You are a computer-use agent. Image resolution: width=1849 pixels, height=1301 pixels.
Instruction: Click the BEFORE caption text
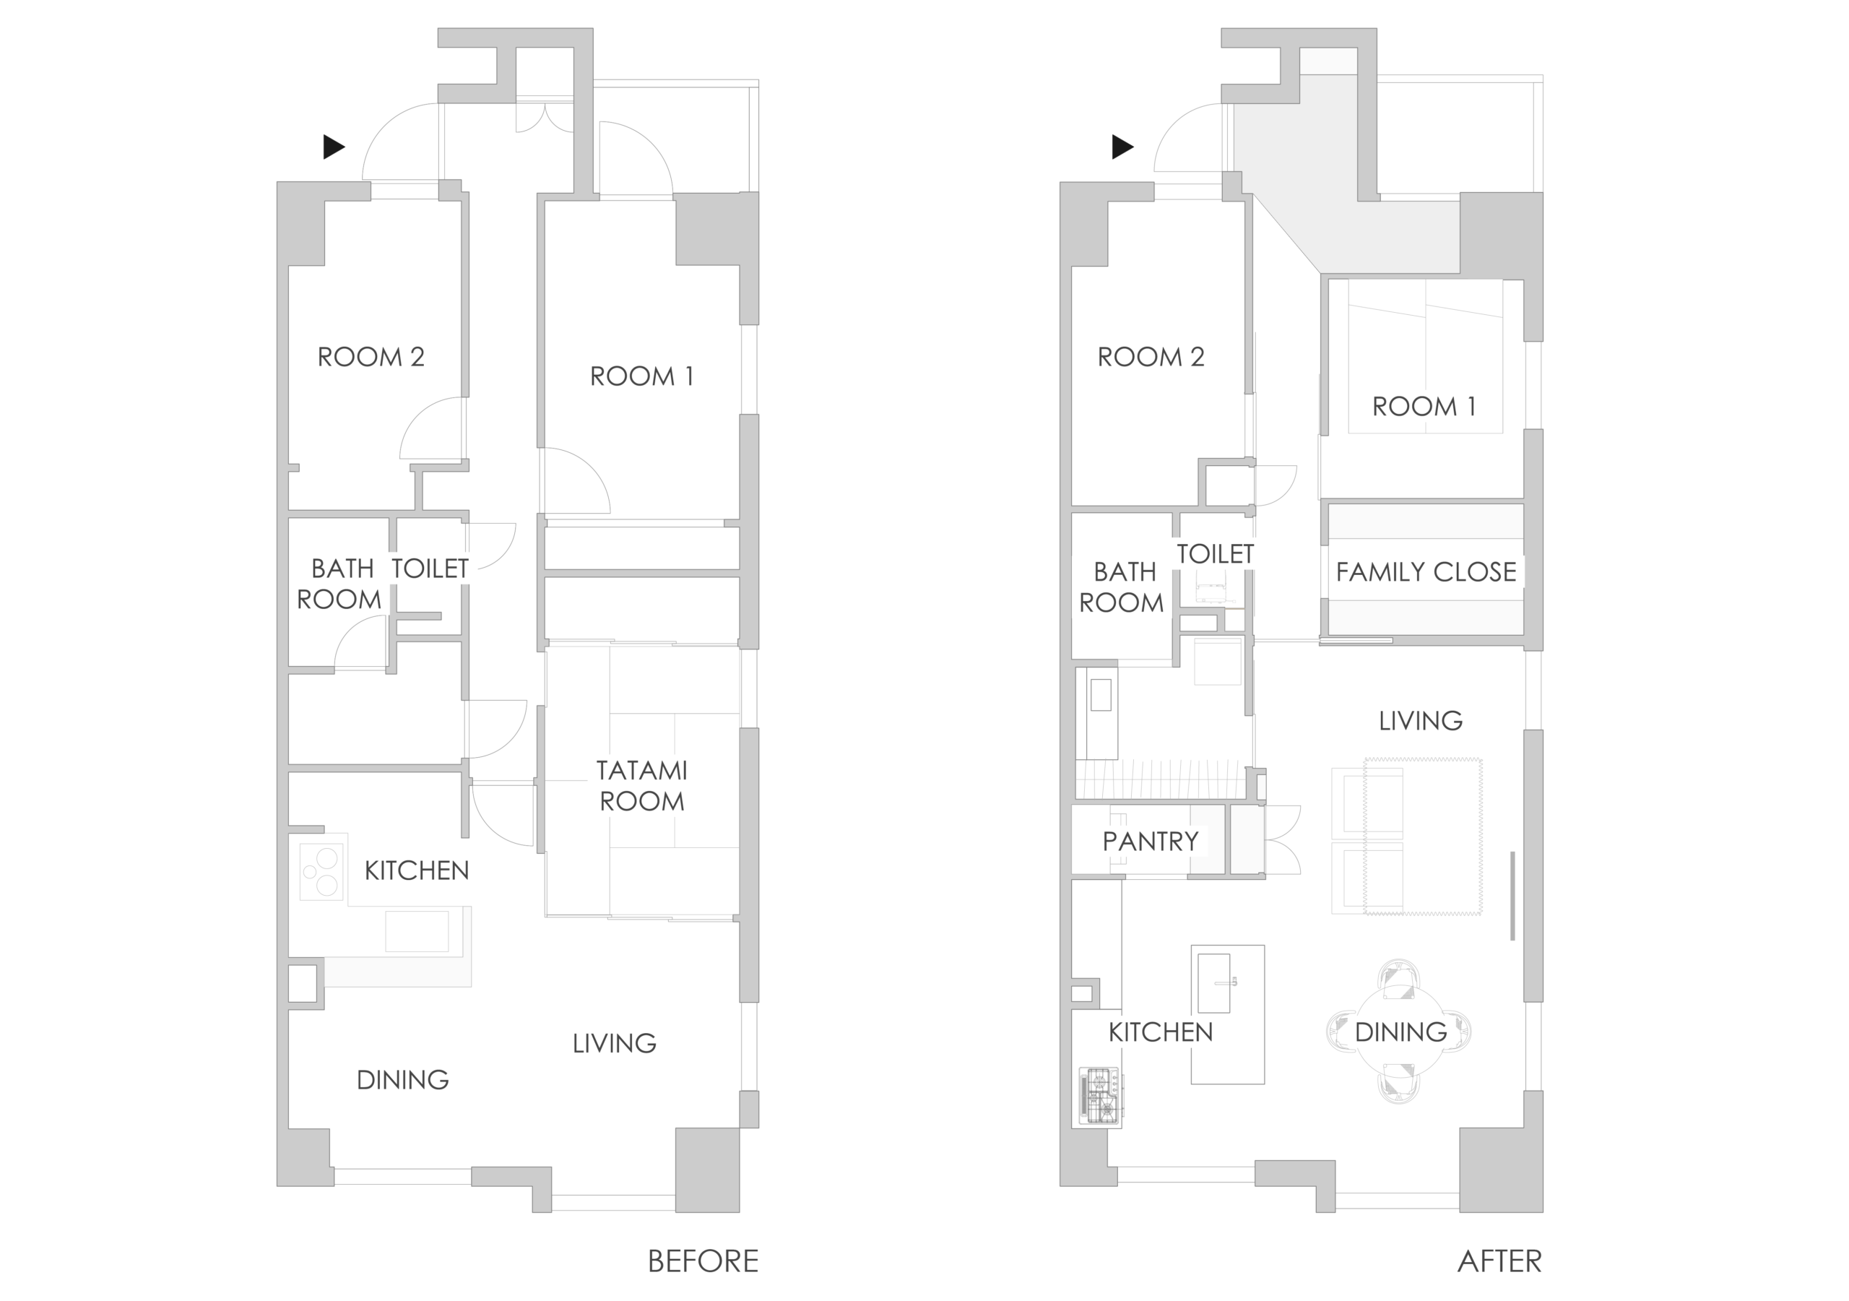(702, 1261)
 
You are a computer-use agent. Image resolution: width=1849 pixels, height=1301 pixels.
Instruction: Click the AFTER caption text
(1499, 1261)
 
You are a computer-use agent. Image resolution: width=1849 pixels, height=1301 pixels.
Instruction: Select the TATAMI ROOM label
(642, 785)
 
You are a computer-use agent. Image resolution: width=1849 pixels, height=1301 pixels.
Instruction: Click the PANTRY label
(1150, 841)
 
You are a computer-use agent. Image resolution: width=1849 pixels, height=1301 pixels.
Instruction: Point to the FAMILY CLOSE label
(1426, 572)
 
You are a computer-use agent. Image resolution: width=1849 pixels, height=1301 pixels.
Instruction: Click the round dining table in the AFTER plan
(1400, 1031)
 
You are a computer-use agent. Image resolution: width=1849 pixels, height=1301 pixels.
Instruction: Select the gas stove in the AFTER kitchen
(1099, 1096)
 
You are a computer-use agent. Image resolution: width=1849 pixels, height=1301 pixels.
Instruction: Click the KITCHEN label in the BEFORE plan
(416, 870)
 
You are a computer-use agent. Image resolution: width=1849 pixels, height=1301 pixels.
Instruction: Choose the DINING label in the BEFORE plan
(402, 1079)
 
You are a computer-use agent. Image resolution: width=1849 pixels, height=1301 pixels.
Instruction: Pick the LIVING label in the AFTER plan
(1421, 720)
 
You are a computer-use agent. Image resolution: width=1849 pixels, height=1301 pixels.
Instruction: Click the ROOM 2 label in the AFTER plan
(1151, 357)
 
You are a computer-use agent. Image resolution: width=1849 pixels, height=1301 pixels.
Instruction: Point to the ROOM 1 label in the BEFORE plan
(642, 376)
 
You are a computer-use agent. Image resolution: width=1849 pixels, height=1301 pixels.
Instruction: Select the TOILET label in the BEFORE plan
(430, 569)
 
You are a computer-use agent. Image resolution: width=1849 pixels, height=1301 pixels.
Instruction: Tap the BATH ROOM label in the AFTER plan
(1122, 587)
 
